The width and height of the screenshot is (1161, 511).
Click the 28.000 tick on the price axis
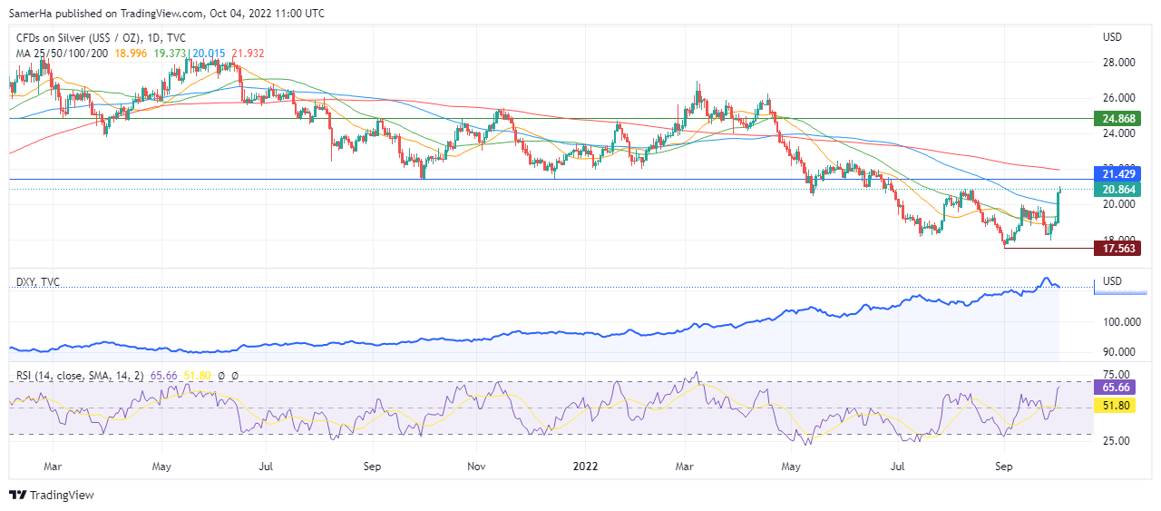pyautogui.click(x=1117, y=63)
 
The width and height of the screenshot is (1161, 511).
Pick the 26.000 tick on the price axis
pyautogui.click(x=1117, y=98)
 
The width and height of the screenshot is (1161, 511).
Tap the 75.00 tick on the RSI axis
pyautogui.click(x=1116, y=374)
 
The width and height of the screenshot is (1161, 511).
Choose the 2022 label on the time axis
pyautogui.click(x=585, y=467)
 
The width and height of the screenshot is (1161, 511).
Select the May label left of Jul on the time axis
pyautogui.click(x=162, y=467)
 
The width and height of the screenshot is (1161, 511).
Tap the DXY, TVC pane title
pyautogui.click(x=38, y=282)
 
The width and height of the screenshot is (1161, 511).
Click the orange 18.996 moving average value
pyautogui.click(x=130, y=54)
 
